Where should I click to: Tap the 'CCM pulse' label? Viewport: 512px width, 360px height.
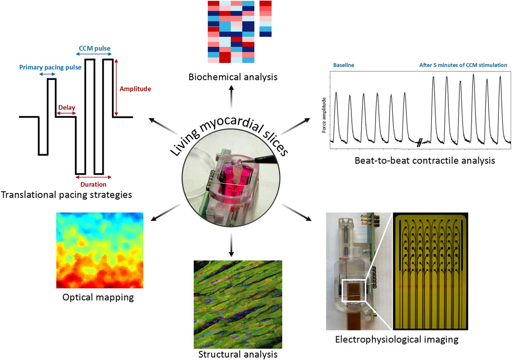tap(95, 49)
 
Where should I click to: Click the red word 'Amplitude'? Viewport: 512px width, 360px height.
tap(135, 89)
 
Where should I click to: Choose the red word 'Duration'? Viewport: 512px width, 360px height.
tap(92, 184)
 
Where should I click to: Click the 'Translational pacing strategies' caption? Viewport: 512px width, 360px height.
tap(67, 195)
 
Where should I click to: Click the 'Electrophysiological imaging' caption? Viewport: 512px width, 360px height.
tap(397, 339)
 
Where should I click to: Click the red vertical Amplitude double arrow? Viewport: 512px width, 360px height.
tap(117, 88)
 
